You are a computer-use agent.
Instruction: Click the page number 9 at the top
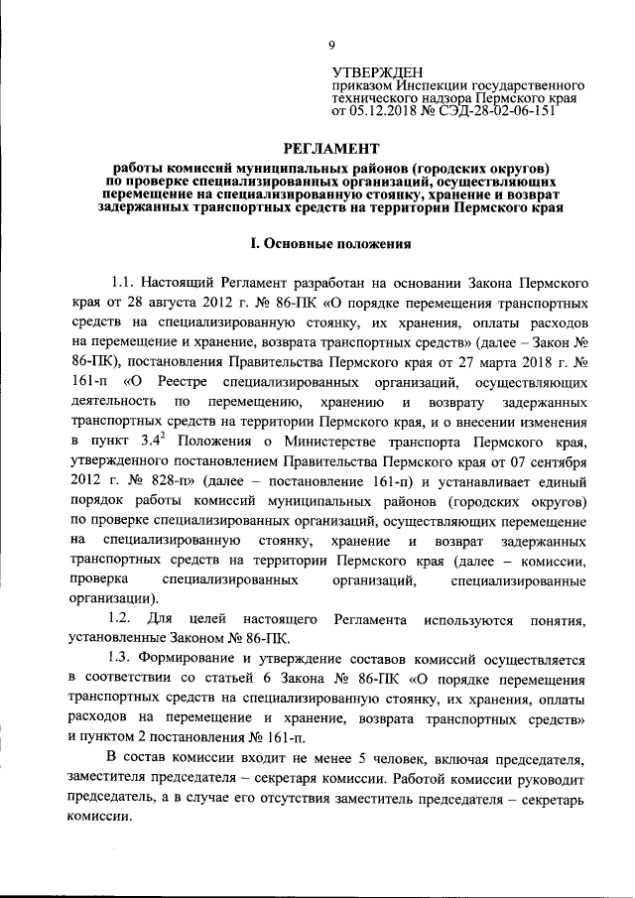(x=332, y=45)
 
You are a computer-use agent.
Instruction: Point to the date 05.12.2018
(x=385, y=112)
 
